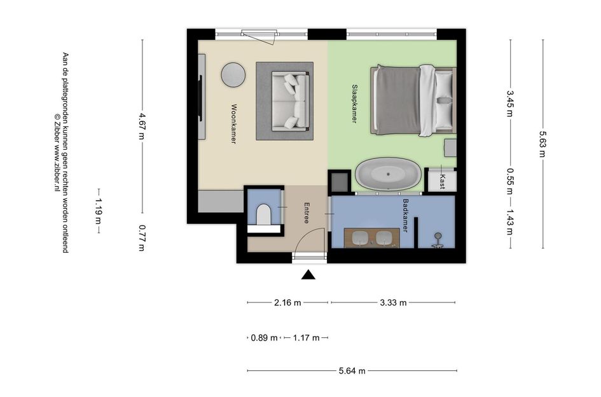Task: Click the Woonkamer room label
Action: tap(233, 124)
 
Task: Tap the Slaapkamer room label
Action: tap(354, 104)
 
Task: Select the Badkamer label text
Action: tap(405, 215)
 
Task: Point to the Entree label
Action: tap(307, 213)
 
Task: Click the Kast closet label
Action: tap(443, 182)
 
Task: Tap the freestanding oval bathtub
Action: tap(389, 174)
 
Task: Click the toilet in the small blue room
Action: tap(263, 215)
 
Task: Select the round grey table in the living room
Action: tap(233, 75)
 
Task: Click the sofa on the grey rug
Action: tap(290, 101)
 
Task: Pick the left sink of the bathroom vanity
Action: tap(360, 238)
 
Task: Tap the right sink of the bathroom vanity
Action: tap(383, 238)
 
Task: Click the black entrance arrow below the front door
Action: tap(308, 274)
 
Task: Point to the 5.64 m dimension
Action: tap(352, 370)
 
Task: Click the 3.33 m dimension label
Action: tap(393, 302)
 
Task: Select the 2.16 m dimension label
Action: tap(287, 302)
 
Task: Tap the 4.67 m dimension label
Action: tap(142, 126)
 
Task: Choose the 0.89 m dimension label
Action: tap(264, 338)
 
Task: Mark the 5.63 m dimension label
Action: tap(542, 144)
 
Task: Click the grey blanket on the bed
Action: tap(397, 101)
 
